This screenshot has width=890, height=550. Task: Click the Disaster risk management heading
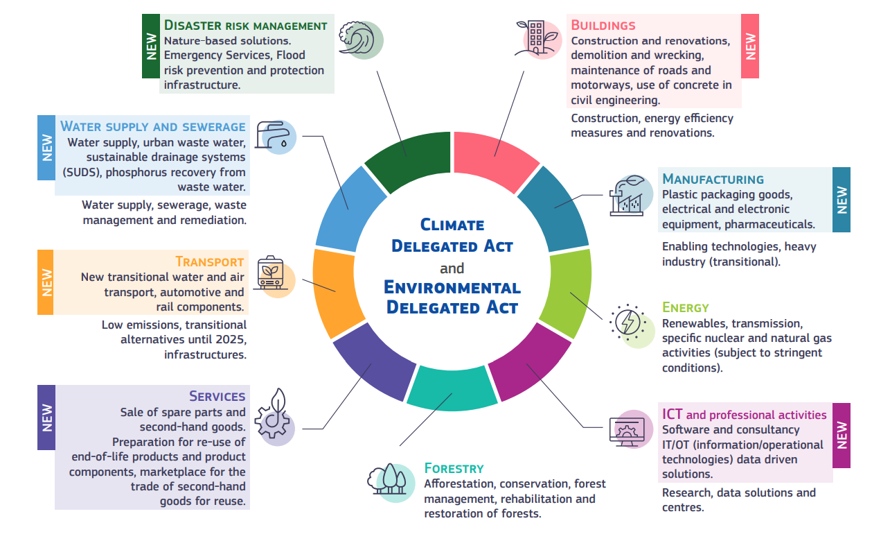[245, 26]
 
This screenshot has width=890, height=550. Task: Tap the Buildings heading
[603, 26]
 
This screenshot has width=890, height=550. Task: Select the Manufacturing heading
[713, 179]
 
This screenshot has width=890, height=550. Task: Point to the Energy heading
[685, 307]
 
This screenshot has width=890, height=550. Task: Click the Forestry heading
[454, 468]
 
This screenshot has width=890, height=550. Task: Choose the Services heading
[217, 396]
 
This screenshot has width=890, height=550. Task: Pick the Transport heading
[209, 261]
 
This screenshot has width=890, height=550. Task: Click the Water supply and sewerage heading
[152, 126]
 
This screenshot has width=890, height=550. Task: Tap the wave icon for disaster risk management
[359, 39]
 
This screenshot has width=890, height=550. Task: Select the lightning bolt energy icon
[630, 324]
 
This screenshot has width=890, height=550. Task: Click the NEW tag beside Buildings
[750, 46]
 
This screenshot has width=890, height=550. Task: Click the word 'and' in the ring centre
[452, 268]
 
